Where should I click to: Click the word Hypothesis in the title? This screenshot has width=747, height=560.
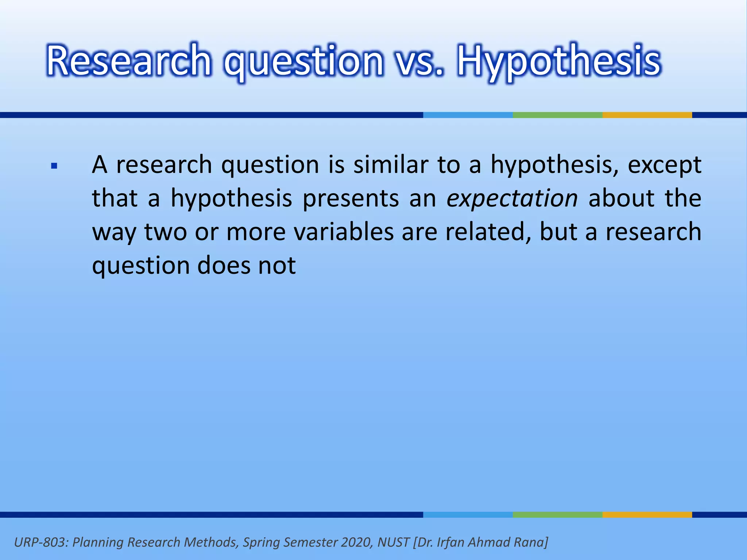559,61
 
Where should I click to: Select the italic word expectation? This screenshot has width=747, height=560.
512,199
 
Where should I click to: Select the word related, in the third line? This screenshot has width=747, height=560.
488,232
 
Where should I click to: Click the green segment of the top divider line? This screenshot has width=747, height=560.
557,115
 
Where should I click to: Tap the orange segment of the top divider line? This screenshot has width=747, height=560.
647,115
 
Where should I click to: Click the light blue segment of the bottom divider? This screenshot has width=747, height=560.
468,514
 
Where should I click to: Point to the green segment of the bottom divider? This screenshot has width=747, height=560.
557,514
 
